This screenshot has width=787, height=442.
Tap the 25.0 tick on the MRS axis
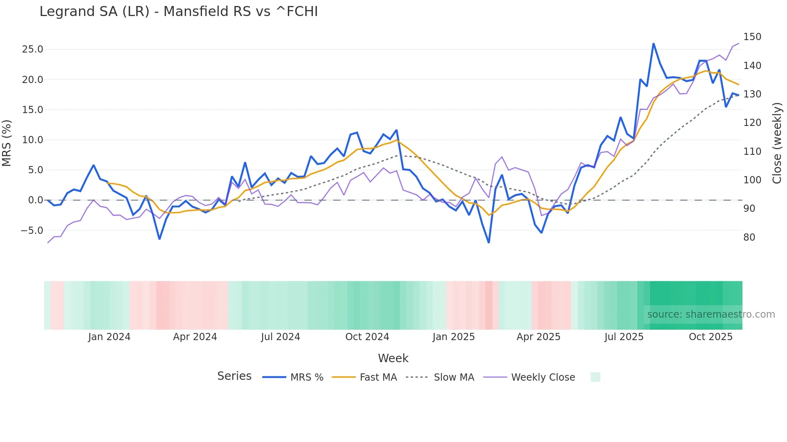tap(33, 49)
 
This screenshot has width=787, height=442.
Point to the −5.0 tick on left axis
tap(32, 231)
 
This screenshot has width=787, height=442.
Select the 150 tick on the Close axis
tap(752, 37)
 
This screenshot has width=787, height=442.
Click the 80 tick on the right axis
tap(749, 237)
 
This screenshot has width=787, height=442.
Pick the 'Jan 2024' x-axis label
tap(109, 337)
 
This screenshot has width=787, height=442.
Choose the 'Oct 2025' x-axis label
tap(710, 337)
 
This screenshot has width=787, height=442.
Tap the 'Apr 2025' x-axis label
tap(538, 337)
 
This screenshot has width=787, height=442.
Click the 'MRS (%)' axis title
tap(7, 143)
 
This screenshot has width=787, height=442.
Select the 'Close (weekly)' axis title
tap(777, 143)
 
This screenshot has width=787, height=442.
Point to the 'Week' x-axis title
tap(393, 358)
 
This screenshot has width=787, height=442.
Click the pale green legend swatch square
tap(595, 377)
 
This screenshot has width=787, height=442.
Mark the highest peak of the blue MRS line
tap(653, 44)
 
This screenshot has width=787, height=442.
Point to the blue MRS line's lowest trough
tap(489, 242)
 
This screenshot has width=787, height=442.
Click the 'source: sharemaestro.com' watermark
tap(711, 314)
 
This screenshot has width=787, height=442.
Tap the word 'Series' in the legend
tap(234, 376)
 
